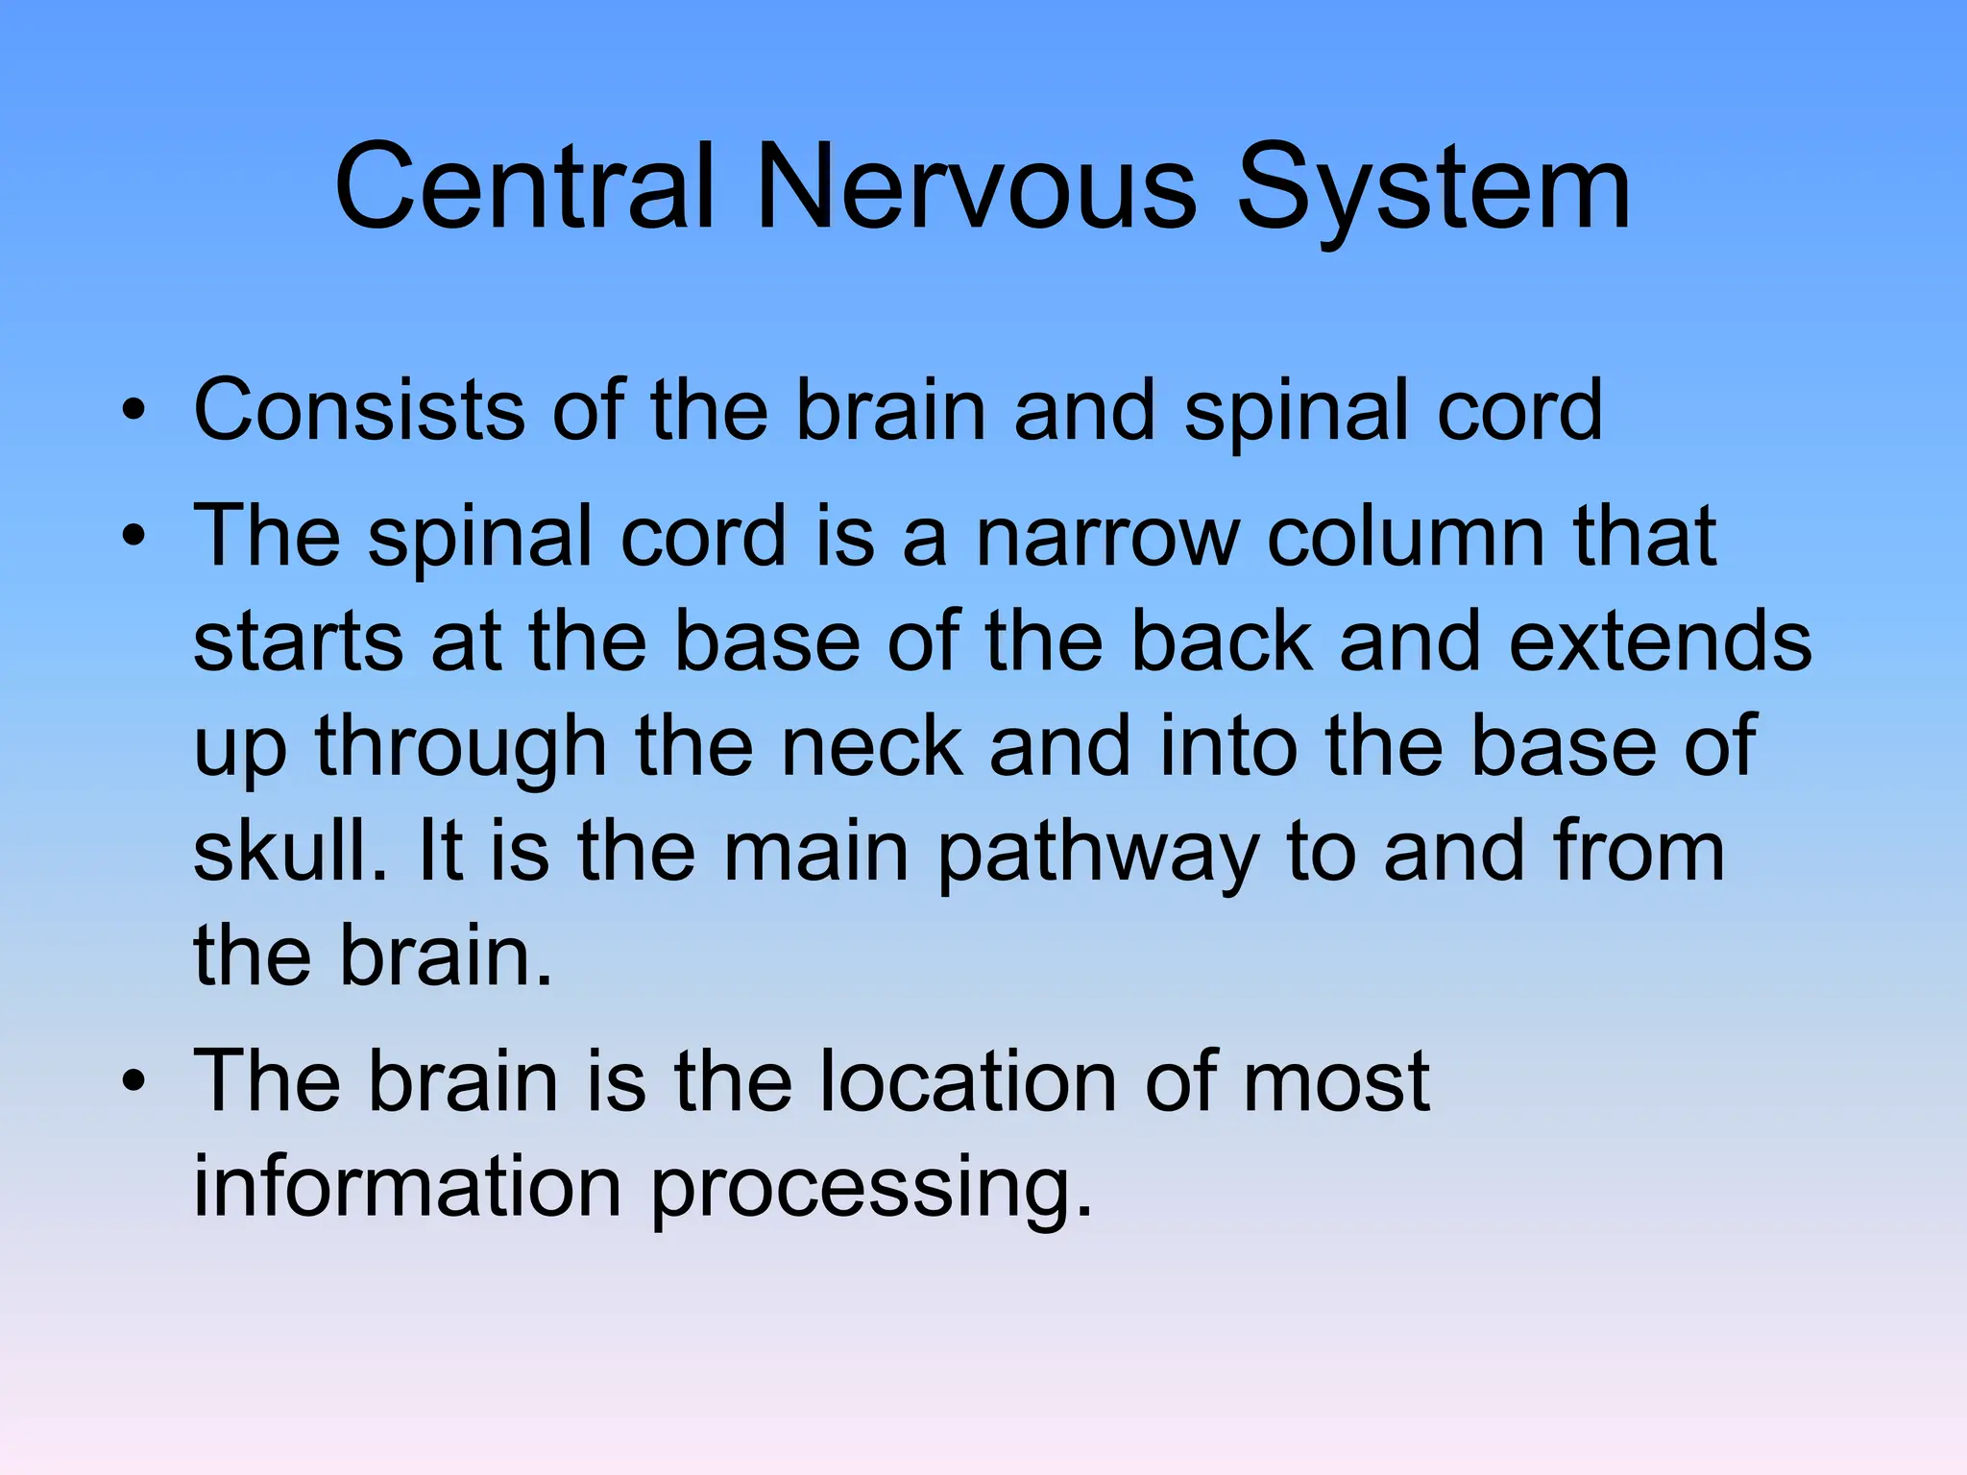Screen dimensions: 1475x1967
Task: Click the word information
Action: click(x=407, y=1187)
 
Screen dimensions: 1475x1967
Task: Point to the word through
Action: click(x=461, y=748)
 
